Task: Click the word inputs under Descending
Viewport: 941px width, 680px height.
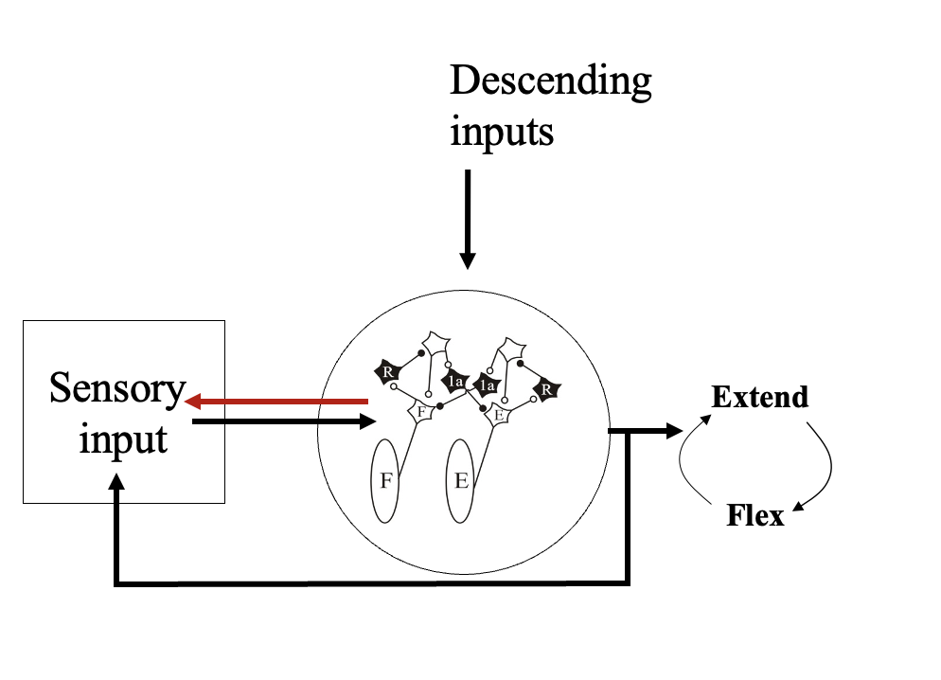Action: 501,131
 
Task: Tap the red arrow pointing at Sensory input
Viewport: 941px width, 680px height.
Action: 275,401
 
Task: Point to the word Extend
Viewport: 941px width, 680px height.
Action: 760,396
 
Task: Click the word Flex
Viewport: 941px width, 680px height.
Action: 755,516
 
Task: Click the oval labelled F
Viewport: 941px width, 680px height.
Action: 385,480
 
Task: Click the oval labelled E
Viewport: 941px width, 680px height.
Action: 461,480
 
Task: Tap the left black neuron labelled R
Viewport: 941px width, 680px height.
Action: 387,371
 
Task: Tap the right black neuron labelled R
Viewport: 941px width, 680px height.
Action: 546,387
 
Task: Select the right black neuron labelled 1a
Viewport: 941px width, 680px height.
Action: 488,385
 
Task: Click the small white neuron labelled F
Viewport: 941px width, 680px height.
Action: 420,412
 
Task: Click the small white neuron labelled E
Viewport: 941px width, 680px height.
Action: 498,413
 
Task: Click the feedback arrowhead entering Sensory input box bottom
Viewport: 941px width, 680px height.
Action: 116,484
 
